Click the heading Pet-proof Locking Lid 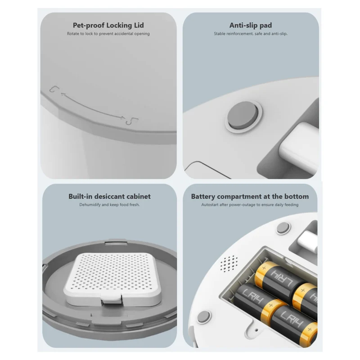(108, 25)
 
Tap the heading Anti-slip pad (251, 25)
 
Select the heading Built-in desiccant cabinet (109, 196)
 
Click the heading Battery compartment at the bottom (250, 197)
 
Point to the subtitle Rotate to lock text (108, 34)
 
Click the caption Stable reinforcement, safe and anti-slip (251, 34)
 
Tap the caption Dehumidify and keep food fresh (109, 205)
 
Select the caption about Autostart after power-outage (250, 205)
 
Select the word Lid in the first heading (138, 25)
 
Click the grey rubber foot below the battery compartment (203, 317)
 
